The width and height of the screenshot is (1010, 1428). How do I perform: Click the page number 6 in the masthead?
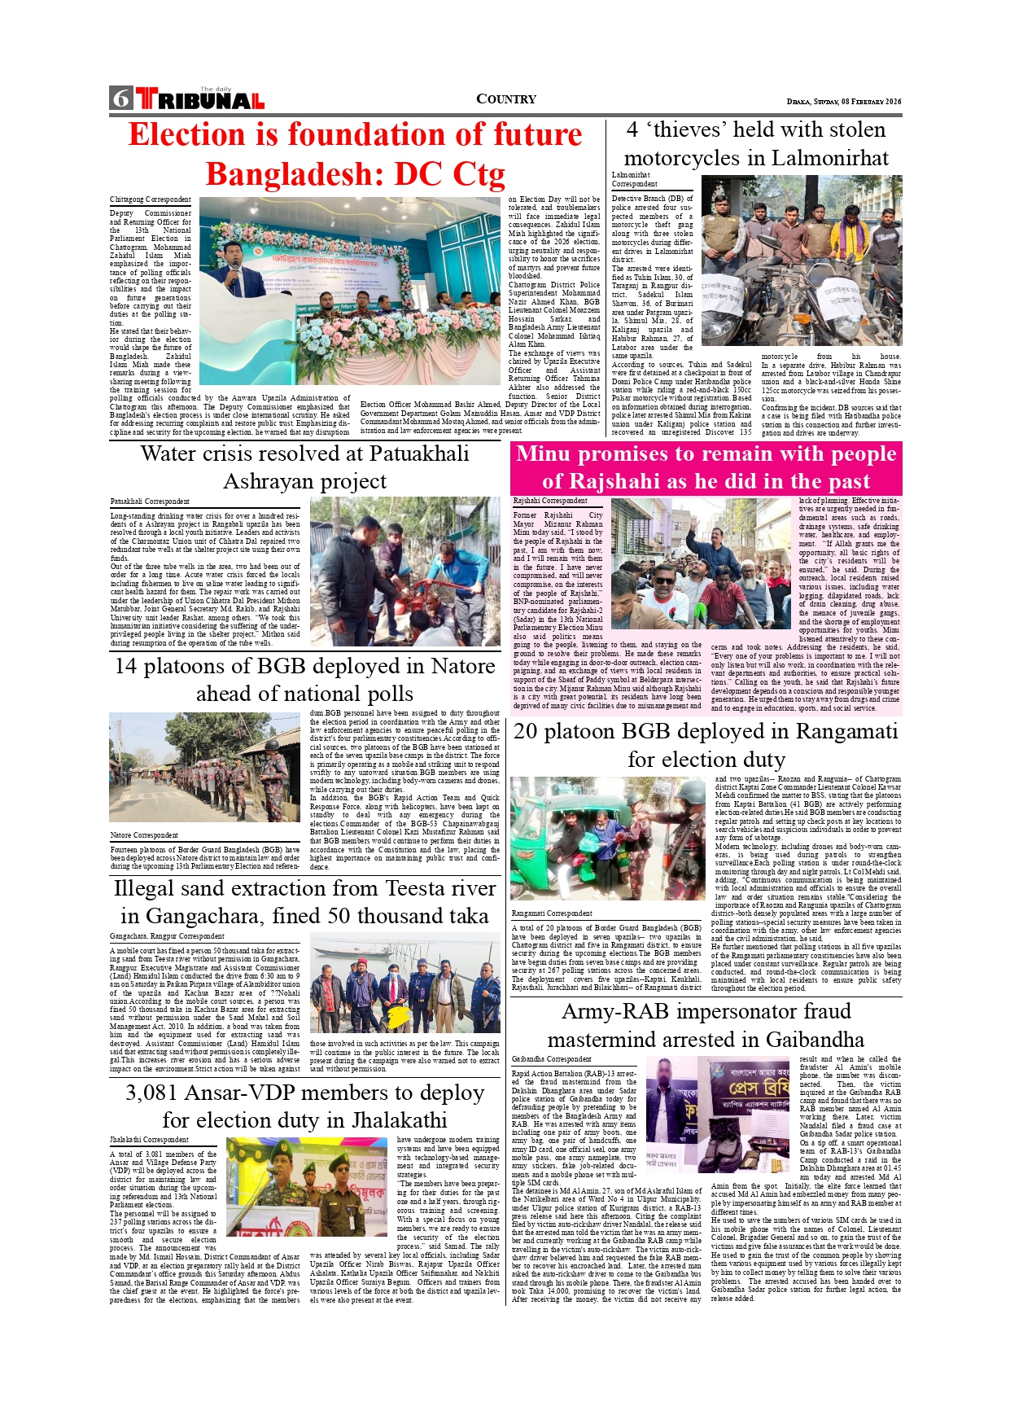(x=121, y=99)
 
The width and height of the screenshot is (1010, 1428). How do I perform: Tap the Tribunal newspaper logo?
(x=200, y=99)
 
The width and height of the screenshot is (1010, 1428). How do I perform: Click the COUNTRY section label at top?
(x=506, y=99)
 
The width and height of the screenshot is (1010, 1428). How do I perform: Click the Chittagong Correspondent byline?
(x=151, y=199)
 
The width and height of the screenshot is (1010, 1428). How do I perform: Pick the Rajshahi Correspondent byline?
(x=550, y=501)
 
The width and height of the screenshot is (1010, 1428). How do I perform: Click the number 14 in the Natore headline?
(x=126, y=666)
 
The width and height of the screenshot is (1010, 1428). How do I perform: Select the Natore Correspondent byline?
(x=144, y=835)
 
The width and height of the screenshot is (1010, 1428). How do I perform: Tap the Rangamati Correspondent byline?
(x=552, y=913)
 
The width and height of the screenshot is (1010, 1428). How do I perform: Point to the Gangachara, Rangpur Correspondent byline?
(x=167, y=936)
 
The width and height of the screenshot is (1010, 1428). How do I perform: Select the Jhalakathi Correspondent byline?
(x=149, y=1140)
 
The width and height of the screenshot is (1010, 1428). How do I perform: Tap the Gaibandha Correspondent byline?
(x=551, y=1059)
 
